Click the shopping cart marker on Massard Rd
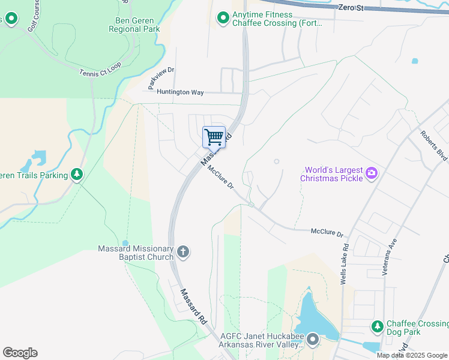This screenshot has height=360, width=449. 214,137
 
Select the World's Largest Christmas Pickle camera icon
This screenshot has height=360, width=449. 372,174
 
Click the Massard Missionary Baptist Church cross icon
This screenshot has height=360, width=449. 183,253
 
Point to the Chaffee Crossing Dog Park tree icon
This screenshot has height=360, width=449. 377,326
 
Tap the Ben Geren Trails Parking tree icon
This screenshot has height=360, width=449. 76,175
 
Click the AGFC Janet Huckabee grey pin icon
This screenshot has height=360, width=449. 313,341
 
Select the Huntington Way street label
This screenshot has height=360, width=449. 180,92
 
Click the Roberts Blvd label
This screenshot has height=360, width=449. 434,145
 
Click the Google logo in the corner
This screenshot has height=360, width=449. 20,353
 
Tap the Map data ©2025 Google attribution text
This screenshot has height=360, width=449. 411,355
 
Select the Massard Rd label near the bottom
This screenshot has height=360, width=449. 194,306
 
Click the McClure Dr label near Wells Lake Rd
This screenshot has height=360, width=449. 327,232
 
